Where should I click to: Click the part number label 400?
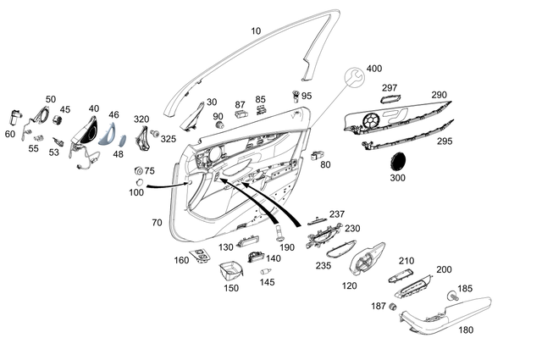(373, 68)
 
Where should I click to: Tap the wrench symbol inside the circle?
(356, 80)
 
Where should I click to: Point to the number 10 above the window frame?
(256, 31)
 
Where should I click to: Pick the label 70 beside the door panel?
(157, 223)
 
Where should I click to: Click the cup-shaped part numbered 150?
(228, 273)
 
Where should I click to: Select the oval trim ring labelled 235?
(342, 250)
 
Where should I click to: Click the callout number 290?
(439, 95)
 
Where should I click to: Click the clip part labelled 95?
(296, 95)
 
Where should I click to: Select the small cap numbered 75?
(138, 172)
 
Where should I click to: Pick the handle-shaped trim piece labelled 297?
(390, 103)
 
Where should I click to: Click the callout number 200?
(444, 269)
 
